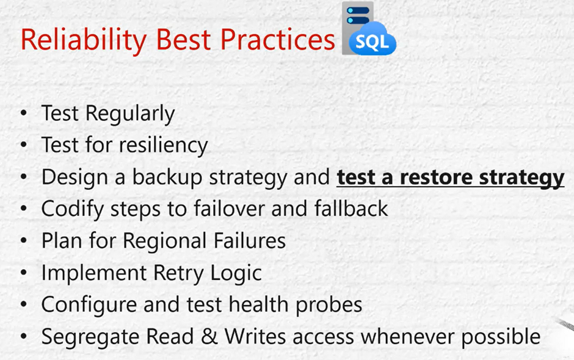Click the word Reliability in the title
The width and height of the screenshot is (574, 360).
point(84,40)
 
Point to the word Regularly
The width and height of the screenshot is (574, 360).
point(130,113)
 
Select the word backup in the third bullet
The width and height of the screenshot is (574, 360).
point(167,178)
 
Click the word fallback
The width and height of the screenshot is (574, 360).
point(351,209)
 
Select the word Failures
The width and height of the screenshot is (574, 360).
point(250,241)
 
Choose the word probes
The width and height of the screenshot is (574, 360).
point(329,305)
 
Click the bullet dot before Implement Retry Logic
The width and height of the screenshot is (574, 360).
point(24,273)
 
